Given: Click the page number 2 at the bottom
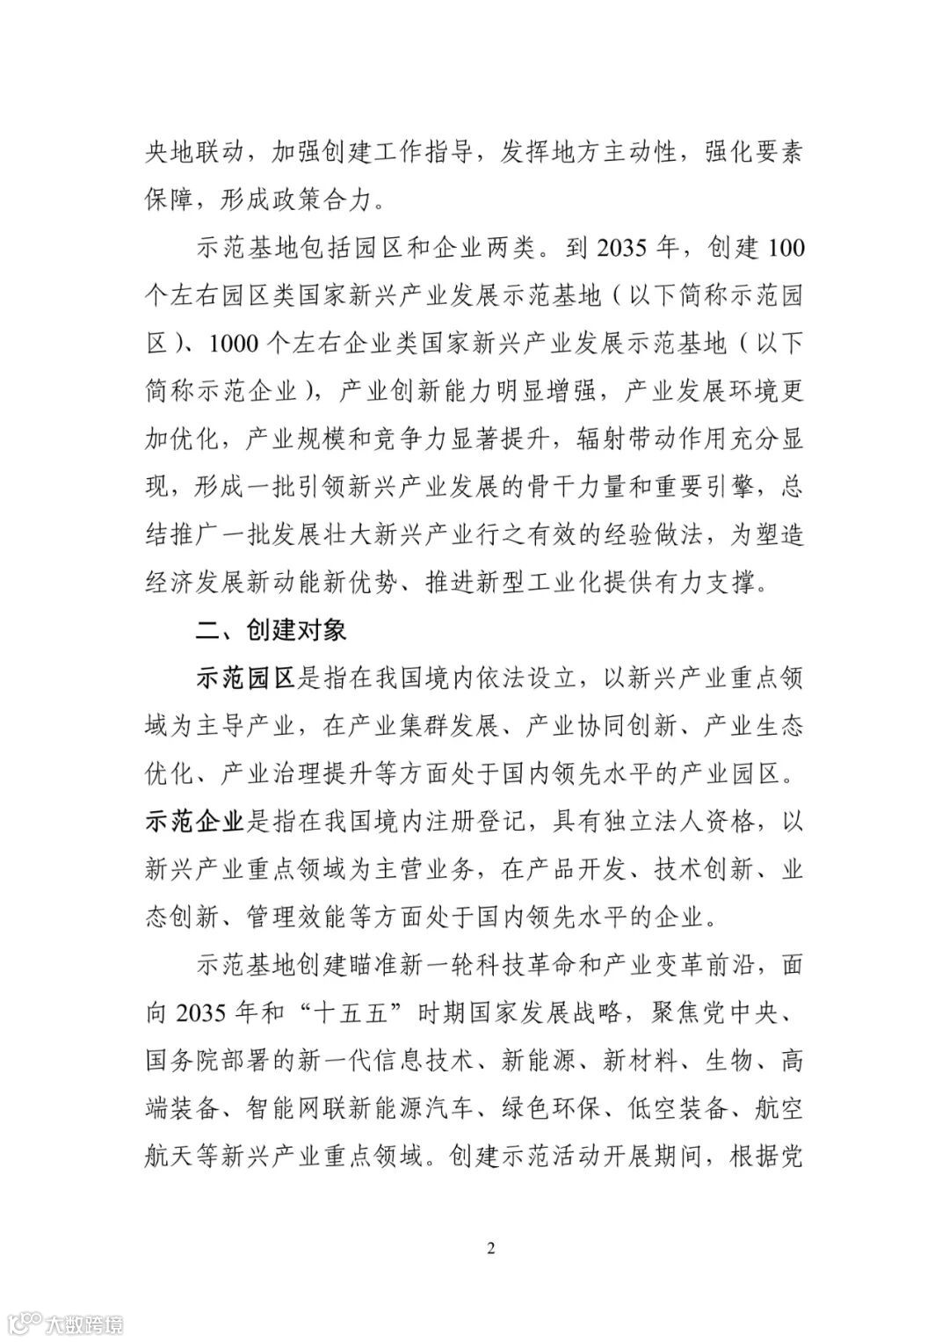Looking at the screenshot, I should click(x=491, y=1248).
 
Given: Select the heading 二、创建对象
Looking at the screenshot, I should click(x=271, y=630).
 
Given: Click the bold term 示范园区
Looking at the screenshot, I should click(x=243, y=678).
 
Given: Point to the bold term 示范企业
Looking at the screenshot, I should click(x=194, y=822).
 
